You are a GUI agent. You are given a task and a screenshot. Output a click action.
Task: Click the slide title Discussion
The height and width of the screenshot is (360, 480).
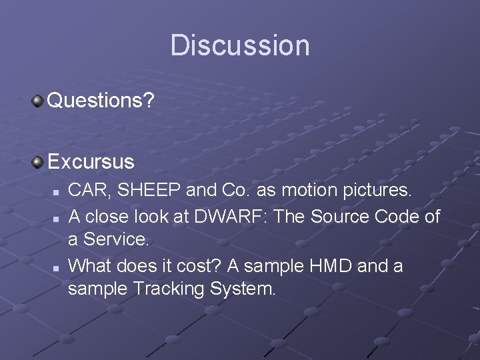pyautogui.click(x=240, y=45)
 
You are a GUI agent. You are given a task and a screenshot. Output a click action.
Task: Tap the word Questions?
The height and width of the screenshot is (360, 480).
pyautogui.click(x=101, y=101)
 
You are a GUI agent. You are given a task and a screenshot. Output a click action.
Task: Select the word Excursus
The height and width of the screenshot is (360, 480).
pyautogui.click(x=91, y=161)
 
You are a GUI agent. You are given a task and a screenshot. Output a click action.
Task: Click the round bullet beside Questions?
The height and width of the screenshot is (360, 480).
pyautogui.click(x=38, y=101)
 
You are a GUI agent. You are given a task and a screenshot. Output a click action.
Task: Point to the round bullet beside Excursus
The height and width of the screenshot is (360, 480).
pyautogui.click(x=38, y=161)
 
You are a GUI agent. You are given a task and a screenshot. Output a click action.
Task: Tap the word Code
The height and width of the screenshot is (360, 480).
pyautogui.click(x=395, y=216)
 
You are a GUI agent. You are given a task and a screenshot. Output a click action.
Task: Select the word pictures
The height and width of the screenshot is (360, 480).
pyautogui.click(x=379, y=191)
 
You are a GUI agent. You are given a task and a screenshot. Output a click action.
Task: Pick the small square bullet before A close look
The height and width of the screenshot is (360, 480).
pyautogui.click(x=57, y=217)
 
